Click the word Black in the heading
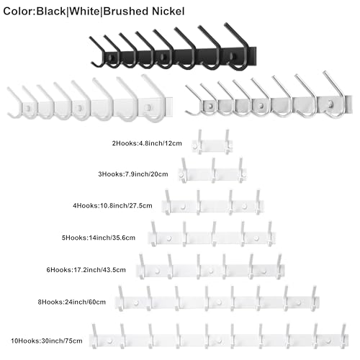coord(50,12)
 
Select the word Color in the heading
coord(18,12)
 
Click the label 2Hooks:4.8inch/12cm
coord(147,143)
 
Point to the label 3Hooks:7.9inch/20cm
coord(133,174)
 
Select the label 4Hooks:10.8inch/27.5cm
coord(112,206)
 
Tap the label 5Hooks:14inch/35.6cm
coord(99,238)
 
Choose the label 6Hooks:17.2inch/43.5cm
coord(86,270)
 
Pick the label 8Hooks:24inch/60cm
coord(72,302)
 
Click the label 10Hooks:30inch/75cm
coord(47,341)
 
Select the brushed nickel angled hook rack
coord(269,96)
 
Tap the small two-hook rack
coord(212,145)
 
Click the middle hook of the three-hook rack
coord(213,170)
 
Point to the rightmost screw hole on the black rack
coord(233,56)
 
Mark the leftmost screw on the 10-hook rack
coord(110,341)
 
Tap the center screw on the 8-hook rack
coord(219,302)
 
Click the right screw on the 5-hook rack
coord(256,238)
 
